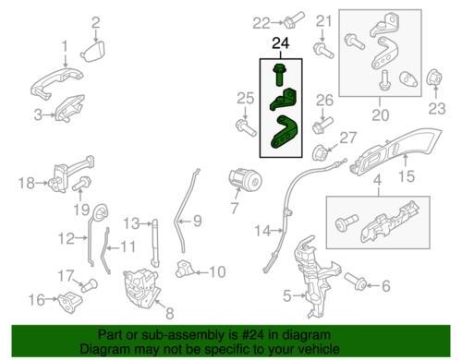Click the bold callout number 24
tap(281, 43)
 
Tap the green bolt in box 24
tap(279, 74)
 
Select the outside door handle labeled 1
tap(56, 82)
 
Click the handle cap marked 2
tap(93, 52)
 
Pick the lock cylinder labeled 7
tap(246, 181)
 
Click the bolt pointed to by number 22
tap(295, 18)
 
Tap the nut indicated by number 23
tap(434, 78)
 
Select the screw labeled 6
tap(355, 281)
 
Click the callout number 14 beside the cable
tap(262, 231)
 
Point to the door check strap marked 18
tap(71, 175)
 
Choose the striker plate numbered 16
tap(70, 302)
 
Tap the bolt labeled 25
tap(246, 128)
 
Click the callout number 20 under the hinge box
tap(381, 115)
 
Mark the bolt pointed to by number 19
tap(81, 183)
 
